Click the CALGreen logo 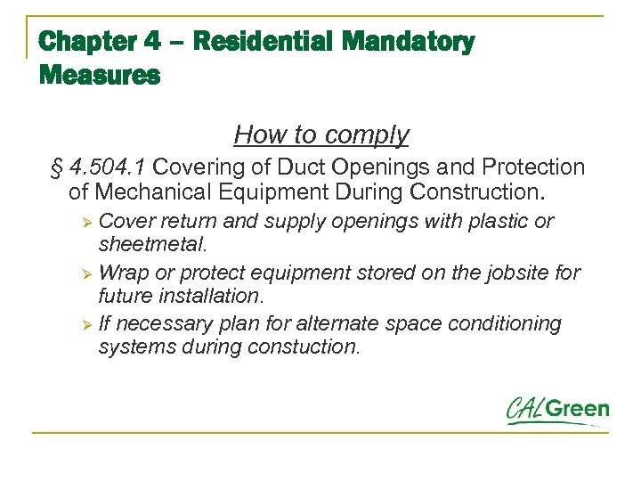pos(557,411)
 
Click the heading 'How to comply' pos(321,135)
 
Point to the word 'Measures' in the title pos(100,76)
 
